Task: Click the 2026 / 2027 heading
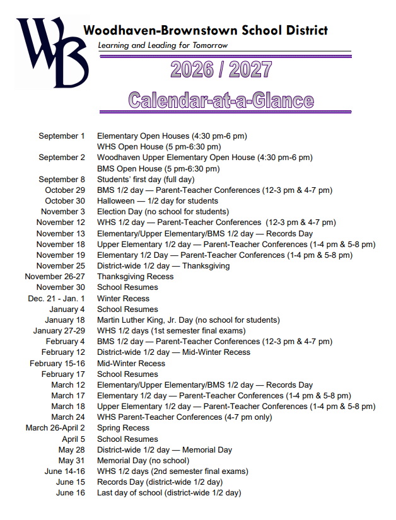tap(221, 69)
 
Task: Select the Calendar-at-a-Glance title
tap(221, 100)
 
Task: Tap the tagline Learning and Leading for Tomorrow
tap(163, 45)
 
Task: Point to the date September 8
tap(61, 180)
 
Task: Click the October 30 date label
tap(64, 201)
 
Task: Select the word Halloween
tap(115, 201)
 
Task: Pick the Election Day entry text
tap(163, 212)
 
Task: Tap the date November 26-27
tap(54, 277)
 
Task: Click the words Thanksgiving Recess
tap(135, 277)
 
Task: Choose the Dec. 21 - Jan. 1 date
tap(56, 298)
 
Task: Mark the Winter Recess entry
tap(123, 298)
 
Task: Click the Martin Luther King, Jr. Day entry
tap(188, 320)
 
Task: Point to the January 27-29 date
tap(59, 331)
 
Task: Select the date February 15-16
tap(57, 363)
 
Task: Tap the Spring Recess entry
tap(123, 428)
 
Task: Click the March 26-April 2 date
tap(55, 428)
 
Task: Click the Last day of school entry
tap(168, 493)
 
